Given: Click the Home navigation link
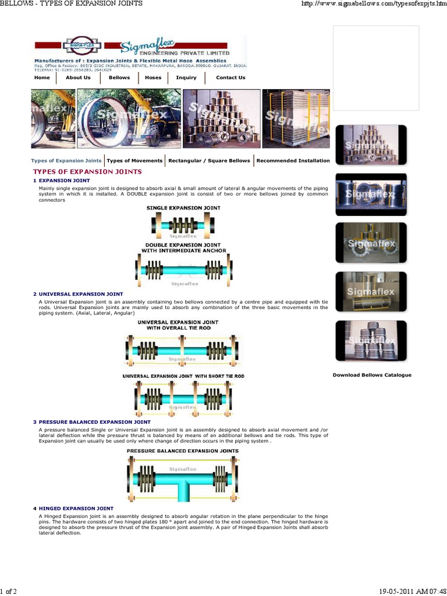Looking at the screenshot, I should pyautogui.click(x=42, y=77).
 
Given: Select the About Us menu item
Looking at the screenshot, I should pyautogui.click(x=78, y=77).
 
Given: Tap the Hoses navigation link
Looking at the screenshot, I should pyautogui.click(x=153, y=77).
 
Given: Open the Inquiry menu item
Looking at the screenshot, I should pyautogui.click(x=186, y=77).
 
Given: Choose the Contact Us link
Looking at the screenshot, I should pyautogui.click(x=230, y=77).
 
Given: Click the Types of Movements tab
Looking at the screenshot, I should pyautogui.click(x=134, y=161).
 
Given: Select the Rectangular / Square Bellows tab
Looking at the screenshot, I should pyautogui.click(x=209, y=161).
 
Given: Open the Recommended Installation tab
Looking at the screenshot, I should pyautogui.click(x=293, y=161).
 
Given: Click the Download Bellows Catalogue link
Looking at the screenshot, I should pyautogui.click(x=372, y=375).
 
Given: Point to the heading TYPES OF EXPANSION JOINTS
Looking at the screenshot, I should pyautogui.click(x=87, y=172).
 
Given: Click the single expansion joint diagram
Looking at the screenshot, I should pyautogui.click(x=183, y=225).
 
